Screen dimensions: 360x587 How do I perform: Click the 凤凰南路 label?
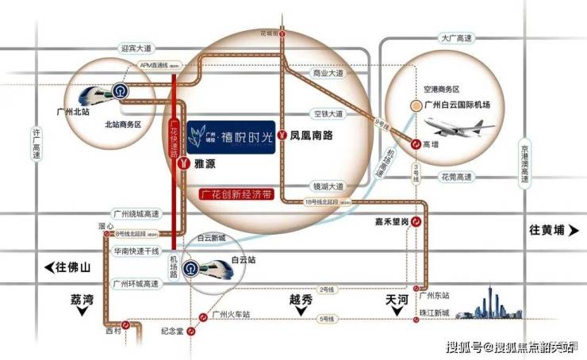click(311, 136)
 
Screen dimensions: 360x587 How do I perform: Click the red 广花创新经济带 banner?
click(233, 193)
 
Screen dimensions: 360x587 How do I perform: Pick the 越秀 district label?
click(302, 299)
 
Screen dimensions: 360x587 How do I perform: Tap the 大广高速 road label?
click(456, 37)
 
